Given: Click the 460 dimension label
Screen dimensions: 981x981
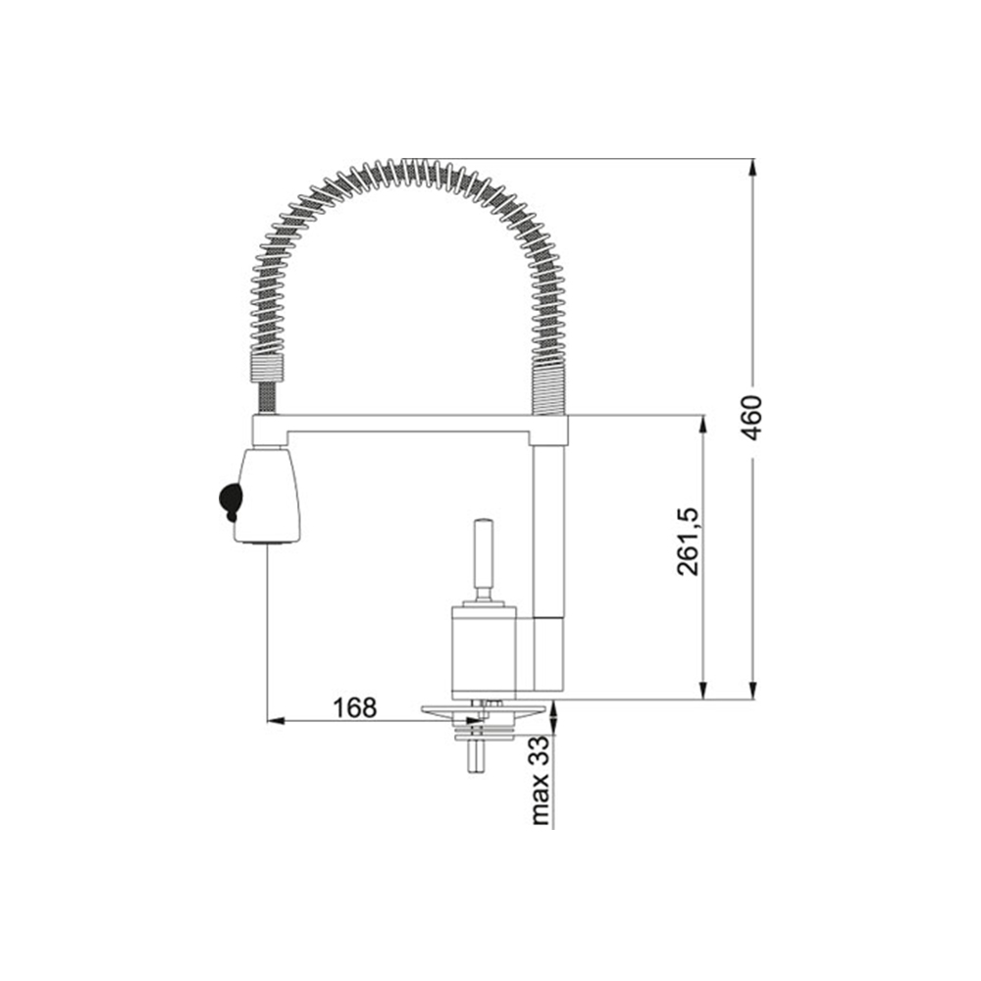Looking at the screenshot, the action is click(750, 418).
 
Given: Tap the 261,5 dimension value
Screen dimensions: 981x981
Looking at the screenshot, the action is click(689, 542).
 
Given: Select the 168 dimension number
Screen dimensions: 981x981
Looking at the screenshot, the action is click(355, 708).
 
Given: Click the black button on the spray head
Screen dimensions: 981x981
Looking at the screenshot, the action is click(230, 500).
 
